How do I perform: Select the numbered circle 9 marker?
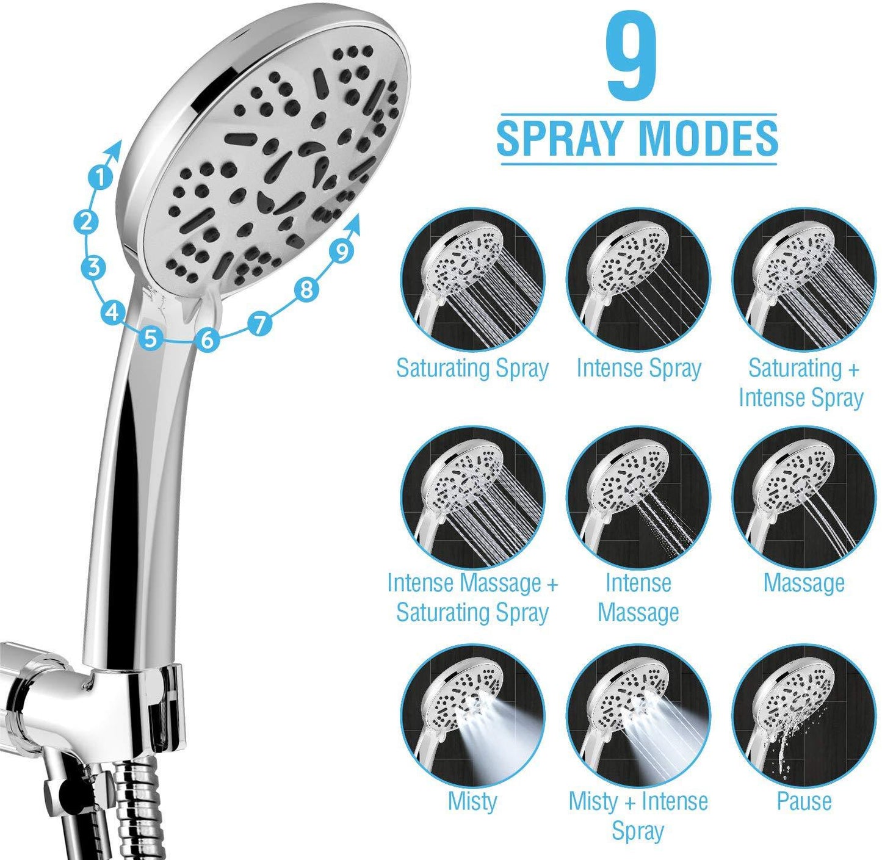pos(342,250)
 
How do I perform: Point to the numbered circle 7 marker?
pos(261,323)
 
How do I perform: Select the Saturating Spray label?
pos(472,368)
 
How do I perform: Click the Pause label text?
pos(804,801)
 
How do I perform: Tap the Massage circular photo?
pos(804,498)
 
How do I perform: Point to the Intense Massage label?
pos(638,598)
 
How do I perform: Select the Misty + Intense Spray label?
pos(638,815)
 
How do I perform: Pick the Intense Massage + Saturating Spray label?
pos(472,598)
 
